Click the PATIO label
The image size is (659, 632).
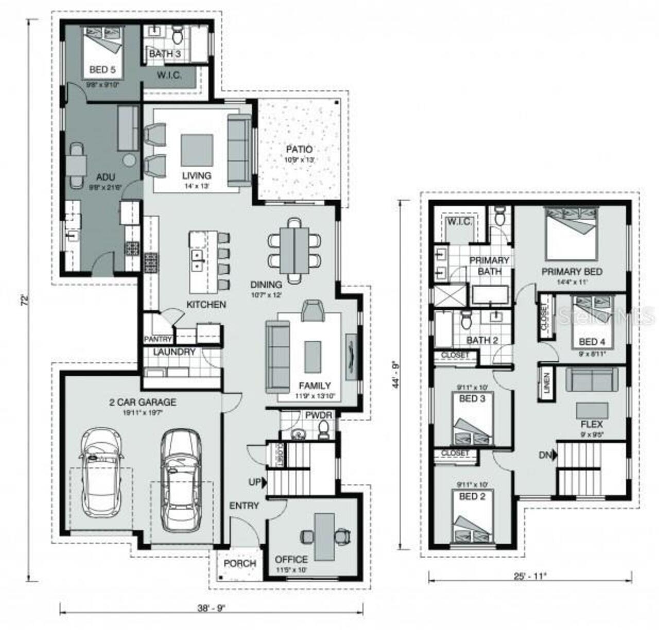click(x=299, y=150)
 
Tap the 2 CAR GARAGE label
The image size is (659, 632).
click(x=142, y=402)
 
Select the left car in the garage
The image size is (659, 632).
click(x=102, y=472)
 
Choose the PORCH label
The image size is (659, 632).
click(x=239, y=564)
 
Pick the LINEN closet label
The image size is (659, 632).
click(x=546, y=383)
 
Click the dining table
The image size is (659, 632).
click(x=294, y=251)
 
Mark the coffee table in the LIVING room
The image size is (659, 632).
click(x=196, y=150)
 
